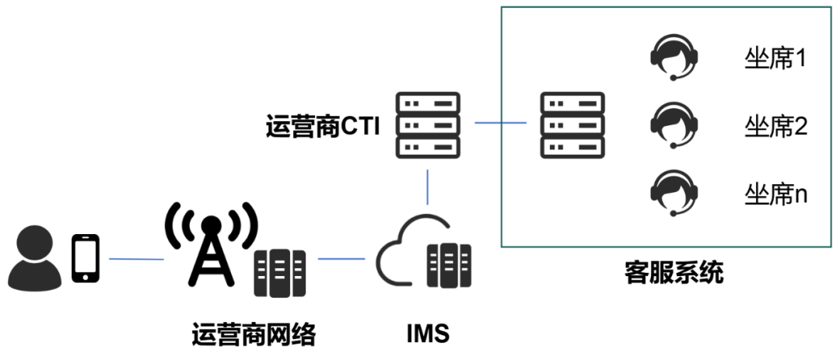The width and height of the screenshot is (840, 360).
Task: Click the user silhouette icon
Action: pos(34,257)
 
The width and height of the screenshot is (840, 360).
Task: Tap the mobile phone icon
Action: pos(86,258)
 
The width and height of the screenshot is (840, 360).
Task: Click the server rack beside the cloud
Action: pos(450,265)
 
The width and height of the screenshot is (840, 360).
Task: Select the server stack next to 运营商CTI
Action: pos(428,124)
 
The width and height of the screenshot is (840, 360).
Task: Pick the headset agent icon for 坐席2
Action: pos(674,125)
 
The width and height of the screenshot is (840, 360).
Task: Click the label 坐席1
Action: pos(775,59)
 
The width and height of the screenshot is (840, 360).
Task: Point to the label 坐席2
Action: pos(775,125)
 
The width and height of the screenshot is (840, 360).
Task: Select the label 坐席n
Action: pos(775,194)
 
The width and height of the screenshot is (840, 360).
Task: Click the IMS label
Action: pos(428,335)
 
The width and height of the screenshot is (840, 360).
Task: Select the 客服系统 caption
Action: pos(674,273)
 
